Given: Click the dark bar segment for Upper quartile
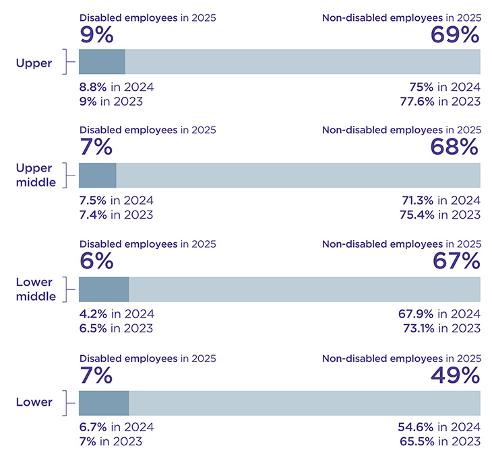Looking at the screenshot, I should click(x=102, y=61).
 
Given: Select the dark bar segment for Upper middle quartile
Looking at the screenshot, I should click(x=98, y=175).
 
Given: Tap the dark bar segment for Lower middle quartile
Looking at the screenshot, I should click(x=104, y=289).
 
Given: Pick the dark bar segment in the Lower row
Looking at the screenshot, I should click(x=104, y=402).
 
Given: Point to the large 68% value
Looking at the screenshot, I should click(x=455, y=147).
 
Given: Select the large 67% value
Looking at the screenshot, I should click(x=455, y=260).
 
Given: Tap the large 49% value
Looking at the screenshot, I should click(x=455, y=374).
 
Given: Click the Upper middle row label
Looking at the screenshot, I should click(x=36, y=175).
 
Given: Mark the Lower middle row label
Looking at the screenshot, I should click(x=36, y=289).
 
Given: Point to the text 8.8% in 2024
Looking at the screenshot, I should click(x=117, y=87).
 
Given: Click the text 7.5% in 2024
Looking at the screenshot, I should click(x=117, y=200).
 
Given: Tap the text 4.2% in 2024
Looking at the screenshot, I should click(x=117, y=314).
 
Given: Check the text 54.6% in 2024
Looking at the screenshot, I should click(x=440, y=427).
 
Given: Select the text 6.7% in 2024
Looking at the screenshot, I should click(x=117, y=427).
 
